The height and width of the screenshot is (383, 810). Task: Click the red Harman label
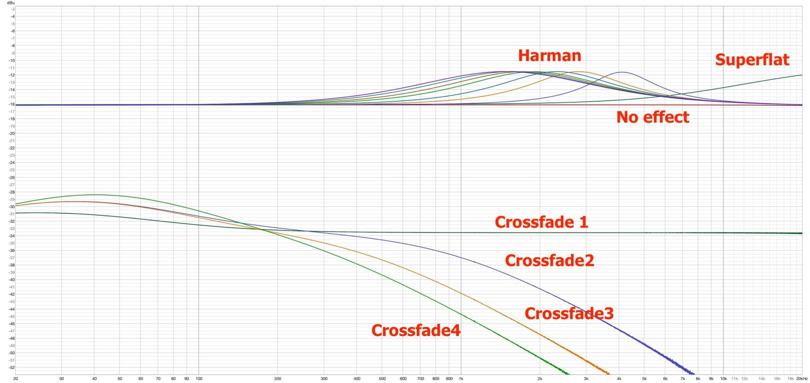[x=549, y=55]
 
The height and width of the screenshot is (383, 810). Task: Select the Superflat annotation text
[x=752, y=60]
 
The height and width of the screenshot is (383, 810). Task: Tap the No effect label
[x=653, y=117]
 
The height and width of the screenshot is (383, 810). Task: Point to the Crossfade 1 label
[x=541, y=222]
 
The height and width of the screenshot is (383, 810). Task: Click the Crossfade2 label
[x=549, y=260]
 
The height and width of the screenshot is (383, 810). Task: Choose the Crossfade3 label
[x=569, y=314]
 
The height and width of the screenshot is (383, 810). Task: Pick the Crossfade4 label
[x=416, y=330]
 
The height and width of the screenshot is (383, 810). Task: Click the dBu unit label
[x=11, y=3]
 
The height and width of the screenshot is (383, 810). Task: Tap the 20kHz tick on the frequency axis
[x=801, y=378]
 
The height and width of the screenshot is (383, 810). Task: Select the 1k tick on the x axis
[x=461, y=378]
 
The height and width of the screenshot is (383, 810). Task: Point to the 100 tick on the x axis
[x=198, y=378]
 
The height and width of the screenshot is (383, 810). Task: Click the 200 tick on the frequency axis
[x=277, y=378]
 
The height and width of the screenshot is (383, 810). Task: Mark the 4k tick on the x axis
[x=619, y=378]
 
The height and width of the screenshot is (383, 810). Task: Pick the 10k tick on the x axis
[x=723, y=378]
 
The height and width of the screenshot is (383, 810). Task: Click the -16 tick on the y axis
[x=12, y=104]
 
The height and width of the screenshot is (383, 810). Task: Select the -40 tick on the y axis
[x=12, y=280]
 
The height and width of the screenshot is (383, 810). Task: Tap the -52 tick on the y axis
[x=12, y=367]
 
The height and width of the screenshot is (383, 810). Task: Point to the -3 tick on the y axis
[x=13, y=9]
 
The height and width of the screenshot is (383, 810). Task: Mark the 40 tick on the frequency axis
[x=94, y=378]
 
